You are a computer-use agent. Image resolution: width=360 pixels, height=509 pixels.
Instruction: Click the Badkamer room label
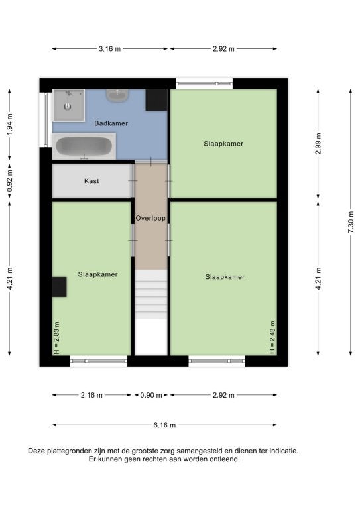[111, 123]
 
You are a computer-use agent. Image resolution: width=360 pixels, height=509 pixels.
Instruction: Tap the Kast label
[91, 181]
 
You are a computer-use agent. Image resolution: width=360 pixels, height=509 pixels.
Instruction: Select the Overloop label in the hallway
[150, 218]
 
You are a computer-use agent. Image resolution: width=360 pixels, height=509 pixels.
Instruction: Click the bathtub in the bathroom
[84, 146]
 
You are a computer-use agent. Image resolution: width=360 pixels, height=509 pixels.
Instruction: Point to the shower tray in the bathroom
[69, 105]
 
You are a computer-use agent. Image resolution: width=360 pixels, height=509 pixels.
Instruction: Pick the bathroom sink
[117, 95]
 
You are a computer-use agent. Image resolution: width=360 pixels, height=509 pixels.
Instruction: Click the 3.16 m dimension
[109, 49]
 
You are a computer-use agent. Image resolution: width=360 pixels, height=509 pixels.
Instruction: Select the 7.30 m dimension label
[351, 222]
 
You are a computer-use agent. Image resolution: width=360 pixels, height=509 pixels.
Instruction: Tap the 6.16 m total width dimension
[164, 425]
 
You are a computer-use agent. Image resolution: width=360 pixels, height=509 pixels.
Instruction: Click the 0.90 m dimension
[151, 395]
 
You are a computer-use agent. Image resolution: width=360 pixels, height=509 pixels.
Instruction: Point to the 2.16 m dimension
[91, 395]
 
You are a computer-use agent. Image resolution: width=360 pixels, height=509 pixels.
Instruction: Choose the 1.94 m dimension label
[9, 125]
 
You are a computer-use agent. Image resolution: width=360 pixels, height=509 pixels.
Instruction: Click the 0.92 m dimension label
[9, 180]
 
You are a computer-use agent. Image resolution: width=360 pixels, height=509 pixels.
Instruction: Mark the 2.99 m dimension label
[318, 143]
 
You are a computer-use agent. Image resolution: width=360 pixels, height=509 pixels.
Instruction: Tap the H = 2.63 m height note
[56, 338]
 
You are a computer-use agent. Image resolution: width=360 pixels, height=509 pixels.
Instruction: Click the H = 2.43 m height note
[272, 337]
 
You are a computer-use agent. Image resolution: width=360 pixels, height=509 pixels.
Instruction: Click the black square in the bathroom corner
[156, 100]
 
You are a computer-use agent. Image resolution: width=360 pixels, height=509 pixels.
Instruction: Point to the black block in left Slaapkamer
[60, 287]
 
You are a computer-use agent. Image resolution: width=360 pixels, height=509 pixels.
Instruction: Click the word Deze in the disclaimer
[36, 451]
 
